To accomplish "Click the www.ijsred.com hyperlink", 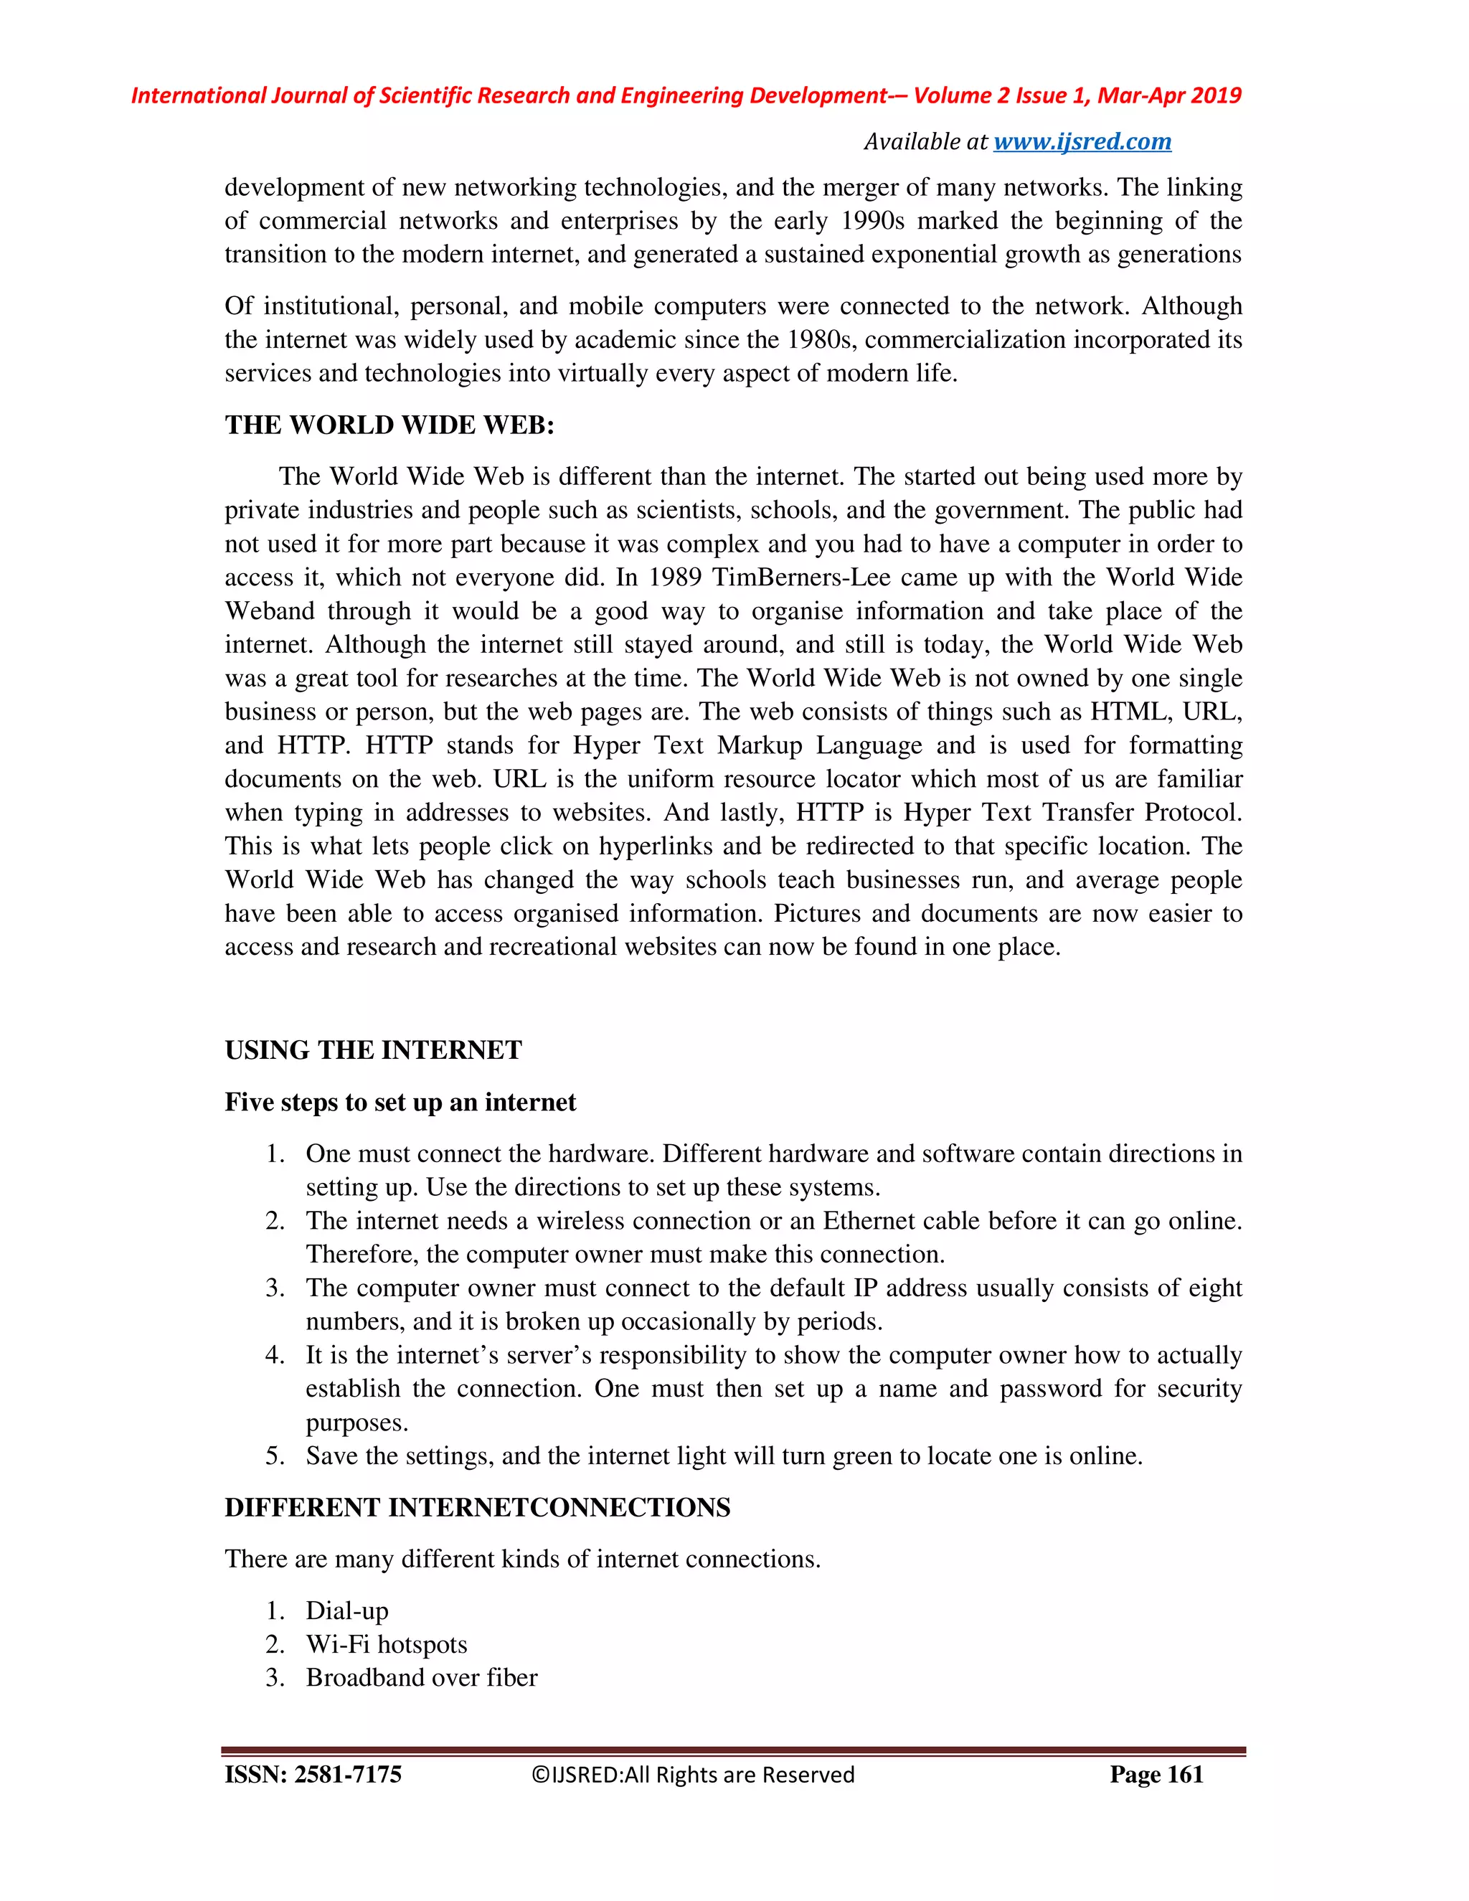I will click(x=1082, y=142).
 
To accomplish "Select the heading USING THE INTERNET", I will click(x=372, y=1051).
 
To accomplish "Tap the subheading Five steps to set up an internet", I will click(x=400, y=1103).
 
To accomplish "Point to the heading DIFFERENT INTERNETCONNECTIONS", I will click(x=477, y=1508).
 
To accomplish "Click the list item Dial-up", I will click(x=346, y=1611).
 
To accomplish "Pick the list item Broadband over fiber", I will click(x=421, y=1678).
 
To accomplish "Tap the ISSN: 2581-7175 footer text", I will click(x=313, y=1775).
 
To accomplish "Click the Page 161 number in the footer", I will click(x=1156, y=1775).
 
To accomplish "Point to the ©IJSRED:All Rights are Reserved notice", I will click(x=693, y=1775).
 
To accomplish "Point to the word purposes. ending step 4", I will click(x=356, y=1423).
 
